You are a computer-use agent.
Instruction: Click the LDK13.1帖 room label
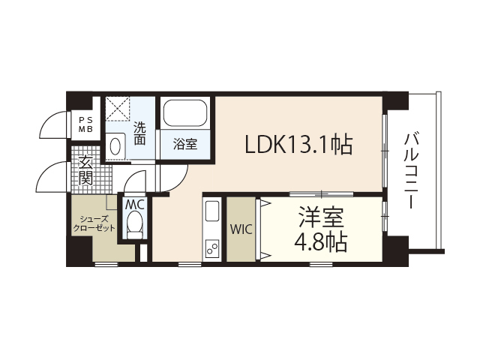298,144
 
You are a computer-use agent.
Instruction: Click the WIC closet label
241,229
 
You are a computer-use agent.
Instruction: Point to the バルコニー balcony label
412,170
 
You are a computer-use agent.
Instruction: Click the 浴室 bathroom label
185,144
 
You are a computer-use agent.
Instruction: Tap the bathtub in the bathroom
185,112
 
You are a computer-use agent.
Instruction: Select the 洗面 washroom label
139,133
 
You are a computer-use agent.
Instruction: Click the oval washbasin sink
115,146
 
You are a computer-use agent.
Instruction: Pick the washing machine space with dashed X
118,109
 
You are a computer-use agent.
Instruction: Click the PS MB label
85,124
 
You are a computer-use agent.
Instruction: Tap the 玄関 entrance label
85,170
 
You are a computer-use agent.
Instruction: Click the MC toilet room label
135,205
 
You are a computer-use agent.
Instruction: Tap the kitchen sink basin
212,211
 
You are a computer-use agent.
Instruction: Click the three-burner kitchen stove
212,248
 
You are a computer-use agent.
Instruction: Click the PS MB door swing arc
52,124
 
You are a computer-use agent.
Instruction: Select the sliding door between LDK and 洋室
322,193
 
